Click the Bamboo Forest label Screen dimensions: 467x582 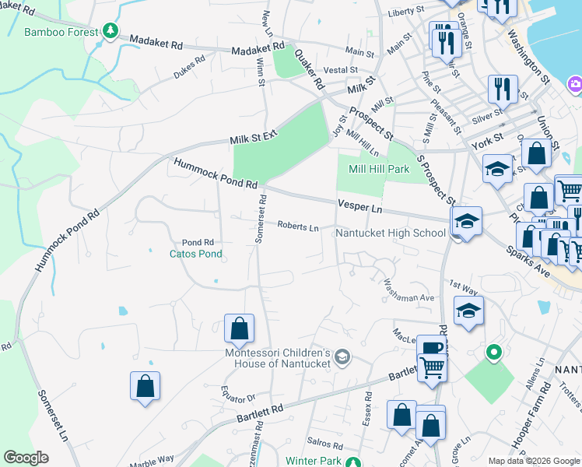(x=62, y=32)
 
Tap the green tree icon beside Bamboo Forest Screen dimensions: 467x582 (x=110, y=31)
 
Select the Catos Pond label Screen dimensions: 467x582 (x=196, y=254)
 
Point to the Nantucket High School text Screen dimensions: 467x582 (x=390, y=233)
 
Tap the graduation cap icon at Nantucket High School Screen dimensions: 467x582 (x=467, y=222)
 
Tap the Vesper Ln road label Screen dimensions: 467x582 (x=360, y=206)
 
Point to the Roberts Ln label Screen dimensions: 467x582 (x=299, y=227)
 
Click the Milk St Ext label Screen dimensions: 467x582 (x=254, y=138)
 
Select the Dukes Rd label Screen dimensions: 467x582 (x=189, y=68)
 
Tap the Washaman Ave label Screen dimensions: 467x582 (x=405, y=297)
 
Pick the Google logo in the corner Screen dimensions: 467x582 (x=26, y=458)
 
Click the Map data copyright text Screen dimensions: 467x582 (x=534, y=461)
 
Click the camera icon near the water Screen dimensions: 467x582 (x=575, y=83)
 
